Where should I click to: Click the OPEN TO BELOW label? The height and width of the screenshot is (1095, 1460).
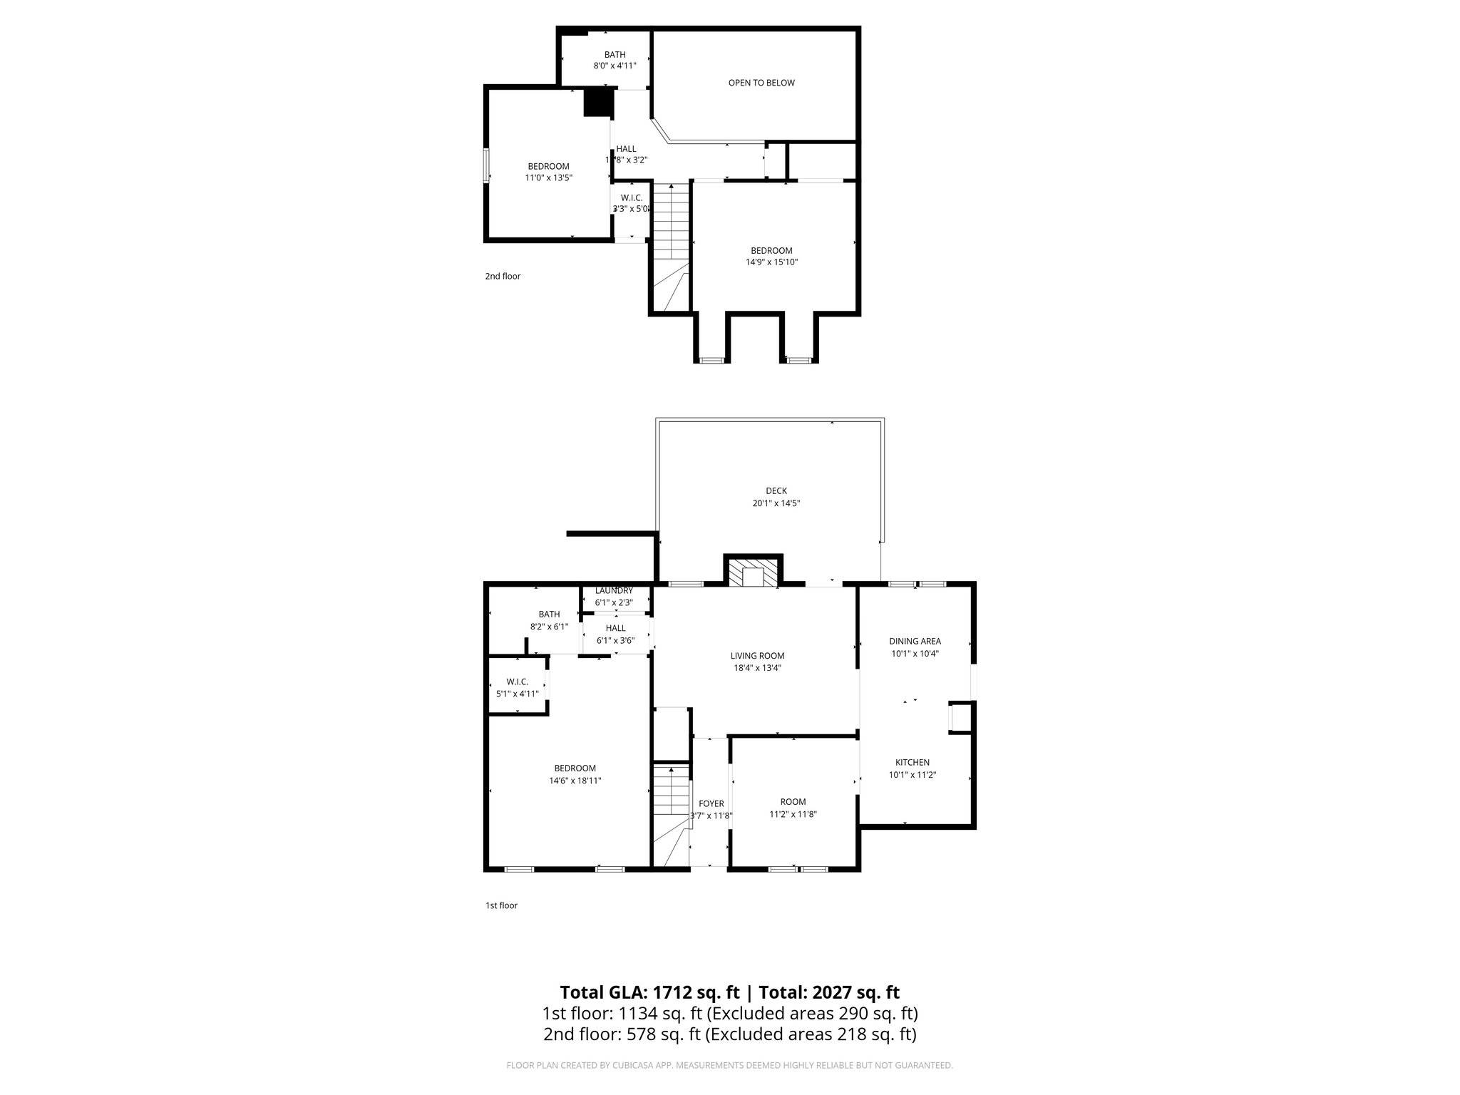(761, 83)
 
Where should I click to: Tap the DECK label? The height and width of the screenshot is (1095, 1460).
(776, 490)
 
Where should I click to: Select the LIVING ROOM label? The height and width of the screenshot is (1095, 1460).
(757, 656)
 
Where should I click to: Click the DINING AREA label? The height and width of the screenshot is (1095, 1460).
(915, 641)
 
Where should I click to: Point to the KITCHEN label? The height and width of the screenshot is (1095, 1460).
(912, 762)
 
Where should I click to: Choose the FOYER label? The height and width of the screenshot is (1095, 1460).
(711, 803)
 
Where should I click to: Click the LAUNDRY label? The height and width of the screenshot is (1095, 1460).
(614, 590)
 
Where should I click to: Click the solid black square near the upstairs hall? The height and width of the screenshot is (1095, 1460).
(599, 102)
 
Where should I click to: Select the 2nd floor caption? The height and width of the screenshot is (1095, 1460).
(503, 276)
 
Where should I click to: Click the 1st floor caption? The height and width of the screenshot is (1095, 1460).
(501, 905)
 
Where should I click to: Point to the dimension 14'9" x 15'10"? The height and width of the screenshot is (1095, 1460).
(771, 262)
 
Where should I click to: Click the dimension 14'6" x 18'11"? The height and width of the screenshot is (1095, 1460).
(575, 781)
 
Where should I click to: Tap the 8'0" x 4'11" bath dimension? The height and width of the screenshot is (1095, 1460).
(615, 66)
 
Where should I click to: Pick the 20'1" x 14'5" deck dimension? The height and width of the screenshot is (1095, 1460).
(776, 503)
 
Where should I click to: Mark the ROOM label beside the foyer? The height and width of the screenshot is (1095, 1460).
(792, 801)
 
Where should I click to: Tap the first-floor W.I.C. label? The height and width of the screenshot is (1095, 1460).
(517, 682)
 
